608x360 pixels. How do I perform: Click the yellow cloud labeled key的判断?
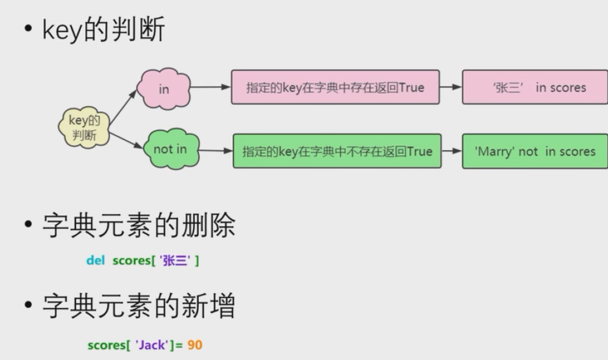point(84,127)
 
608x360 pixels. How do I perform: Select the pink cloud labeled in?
point(164,88)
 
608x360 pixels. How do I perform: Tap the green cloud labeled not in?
point(170,149)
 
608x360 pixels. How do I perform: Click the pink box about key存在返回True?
point(335,87)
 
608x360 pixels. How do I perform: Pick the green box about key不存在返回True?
point(337,151)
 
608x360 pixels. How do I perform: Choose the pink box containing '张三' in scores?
point(535,87)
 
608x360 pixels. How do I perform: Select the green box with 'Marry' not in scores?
point(535,151)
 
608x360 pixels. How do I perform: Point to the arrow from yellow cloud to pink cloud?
point(123,107)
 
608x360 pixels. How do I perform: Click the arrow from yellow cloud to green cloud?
point(126,140)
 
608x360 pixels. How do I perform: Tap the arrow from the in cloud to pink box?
point(210,87)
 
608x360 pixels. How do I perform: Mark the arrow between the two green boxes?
point(452,151)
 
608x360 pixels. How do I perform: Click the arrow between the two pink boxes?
point(450,87)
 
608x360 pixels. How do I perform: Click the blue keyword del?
point(95,260)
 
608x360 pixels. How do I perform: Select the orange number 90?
point(194,345)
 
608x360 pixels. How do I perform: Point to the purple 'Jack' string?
point(152,345)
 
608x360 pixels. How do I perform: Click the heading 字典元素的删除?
point(139,226)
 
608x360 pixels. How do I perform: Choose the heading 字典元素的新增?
point(139,306)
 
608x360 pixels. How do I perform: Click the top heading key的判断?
point(104,29)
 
